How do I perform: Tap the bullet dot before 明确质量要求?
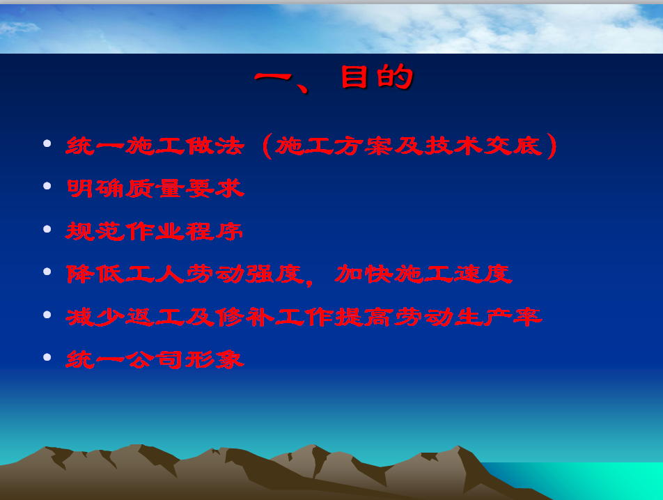pos(47,186)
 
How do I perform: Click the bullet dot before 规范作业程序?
pos(47,229)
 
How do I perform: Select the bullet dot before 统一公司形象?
pos(47,357)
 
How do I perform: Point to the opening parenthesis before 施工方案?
pos(267,146)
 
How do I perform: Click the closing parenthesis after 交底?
pos(552,146)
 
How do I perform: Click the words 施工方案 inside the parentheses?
pos(334,146)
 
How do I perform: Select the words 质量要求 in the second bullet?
pos(185,188)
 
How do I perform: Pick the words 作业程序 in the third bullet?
pos(185,232)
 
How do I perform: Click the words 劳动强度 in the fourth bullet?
pos(244,274)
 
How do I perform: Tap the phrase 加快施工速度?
pos(423,274)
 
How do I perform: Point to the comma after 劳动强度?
pos(309,282)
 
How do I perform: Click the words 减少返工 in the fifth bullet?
pos(125,317)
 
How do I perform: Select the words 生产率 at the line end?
pos(499,317)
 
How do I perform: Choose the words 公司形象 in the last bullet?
pos(185,359)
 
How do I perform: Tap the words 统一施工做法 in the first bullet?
pos(155,146)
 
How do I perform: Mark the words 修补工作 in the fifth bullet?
pos(274,317)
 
